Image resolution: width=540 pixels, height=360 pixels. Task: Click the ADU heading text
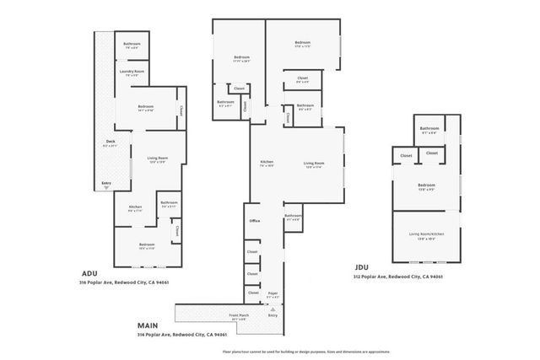(x=90, y=273)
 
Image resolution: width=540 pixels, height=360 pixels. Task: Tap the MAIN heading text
(x=148, y=324)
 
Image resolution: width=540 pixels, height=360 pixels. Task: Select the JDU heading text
(x=363, y=267)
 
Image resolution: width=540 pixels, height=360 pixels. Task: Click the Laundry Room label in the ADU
(x=131, y=73)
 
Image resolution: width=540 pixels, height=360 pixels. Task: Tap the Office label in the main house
(x=254, y=221)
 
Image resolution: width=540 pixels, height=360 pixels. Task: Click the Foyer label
(x=273, y=294)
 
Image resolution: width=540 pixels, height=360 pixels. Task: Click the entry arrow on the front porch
(x=272, y=309)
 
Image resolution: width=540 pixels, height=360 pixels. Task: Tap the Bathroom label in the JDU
(x=430, y=128)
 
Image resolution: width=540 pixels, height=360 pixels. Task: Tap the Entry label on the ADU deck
(x=106, y=183)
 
